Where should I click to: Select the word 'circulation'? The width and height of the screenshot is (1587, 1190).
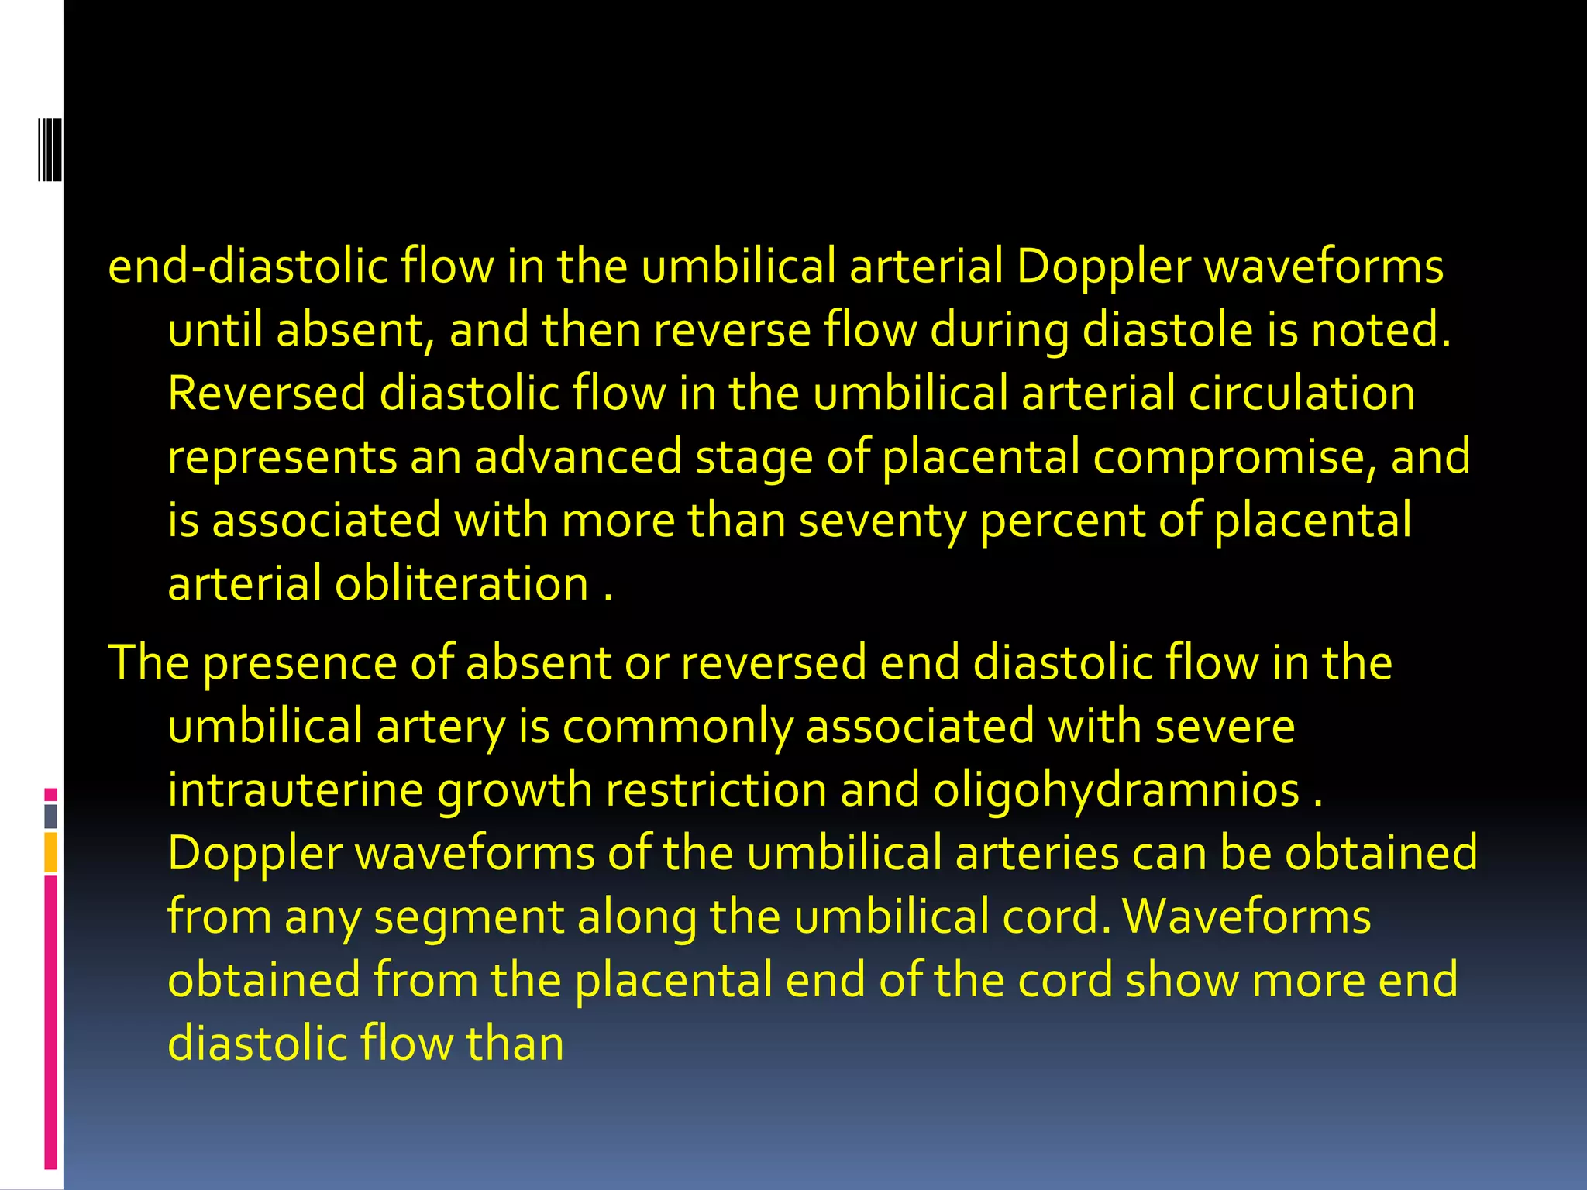coord(1302,393)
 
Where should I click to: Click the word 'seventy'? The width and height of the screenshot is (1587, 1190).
coord(883,521)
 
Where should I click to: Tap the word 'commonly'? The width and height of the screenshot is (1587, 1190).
coord(677,727)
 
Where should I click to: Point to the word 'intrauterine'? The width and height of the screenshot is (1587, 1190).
coord(295,790)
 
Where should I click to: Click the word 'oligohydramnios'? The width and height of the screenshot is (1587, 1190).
coord(1116,792)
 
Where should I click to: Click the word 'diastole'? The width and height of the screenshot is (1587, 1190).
coord(1167,330)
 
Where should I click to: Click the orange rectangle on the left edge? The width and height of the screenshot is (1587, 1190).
coord(51,852)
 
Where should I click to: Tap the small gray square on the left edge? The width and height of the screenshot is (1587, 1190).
coord(51,816)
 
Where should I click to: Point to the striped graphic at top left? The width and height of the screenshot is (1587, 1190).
coord(50,149)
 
